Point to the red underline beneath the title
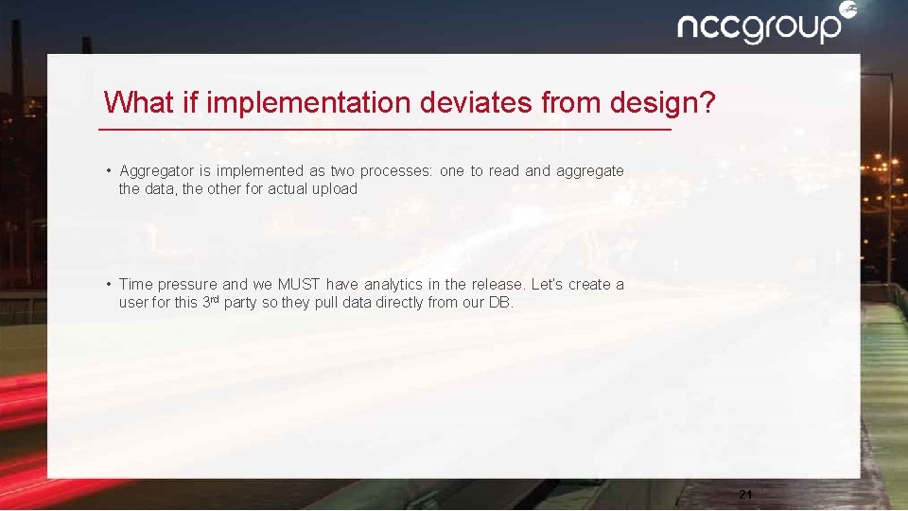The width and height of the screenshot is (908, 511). (385, 129)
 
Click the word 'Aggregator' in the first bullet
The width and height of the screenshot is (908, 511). (157, 171)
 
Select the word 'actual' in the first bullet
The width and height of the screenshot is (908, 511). (288, 189)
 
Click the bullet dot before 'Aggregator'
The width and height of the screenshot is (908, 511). (110, 171)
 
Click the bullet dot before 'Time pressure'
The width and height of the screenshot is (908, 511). (110, 284)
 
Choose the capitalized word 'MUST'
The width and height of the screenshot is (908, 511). (299, 285)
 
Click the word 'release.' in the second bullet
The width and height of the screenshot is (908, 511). (497, 285)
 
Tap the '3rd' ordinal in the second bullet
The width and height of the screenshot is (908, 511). (212, 303)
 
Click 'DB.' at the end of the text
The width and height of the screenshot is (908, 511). (500, 304)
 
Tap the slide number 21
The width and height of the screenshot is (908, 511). (744, 494)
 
